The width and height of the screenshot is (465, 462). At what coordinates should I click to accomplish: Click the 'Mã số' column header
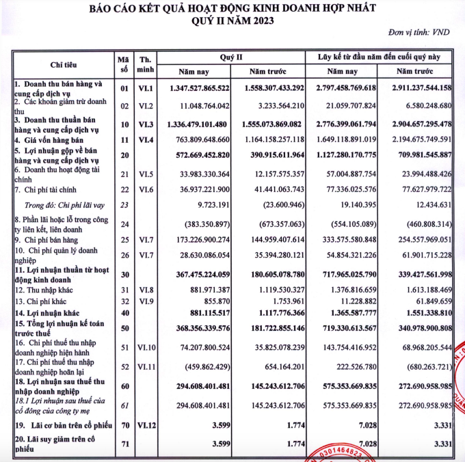click(124, 64)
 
